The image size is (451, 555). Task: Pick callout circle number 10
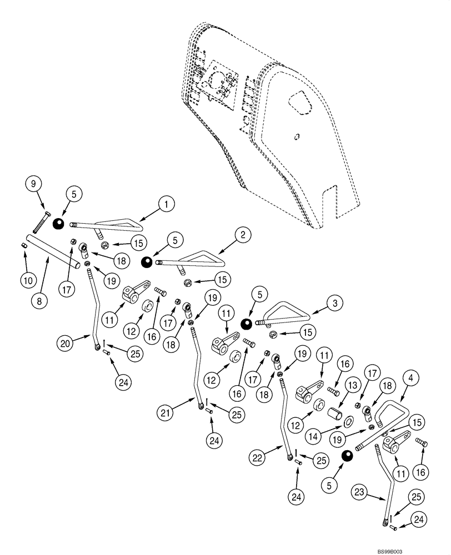point(27,280)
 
